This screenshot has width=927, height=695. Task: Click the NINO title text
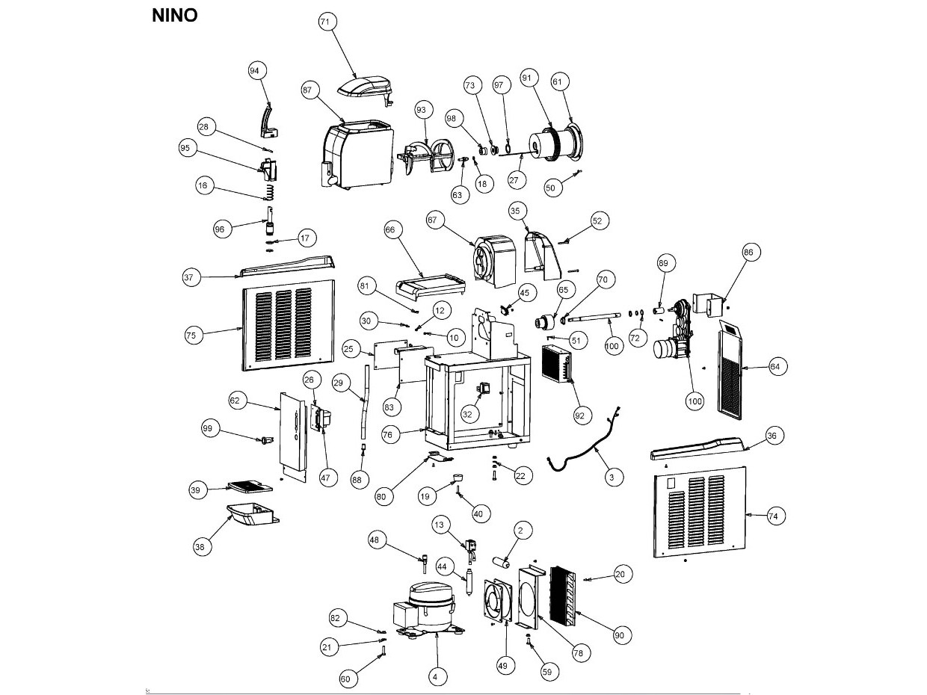(174, 16)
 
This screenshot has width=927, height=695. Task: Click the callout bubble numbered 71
(327, 22)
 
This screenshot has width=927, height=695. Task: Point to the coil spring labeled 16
(269, 192)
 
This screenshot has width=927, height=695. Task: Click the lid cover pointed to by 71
(366, 90)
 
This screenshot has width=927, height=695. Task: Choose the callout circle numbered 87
(310, 90)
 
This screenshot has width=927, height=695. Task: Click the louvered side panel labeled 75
(289, 325)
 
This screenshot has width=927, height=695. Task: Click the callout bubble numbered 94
(257, 71)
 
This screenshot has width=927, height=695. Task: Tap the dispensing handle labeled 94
(268, 121)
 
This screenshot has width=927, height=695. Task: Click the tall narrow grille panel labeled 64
(730, 369)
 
